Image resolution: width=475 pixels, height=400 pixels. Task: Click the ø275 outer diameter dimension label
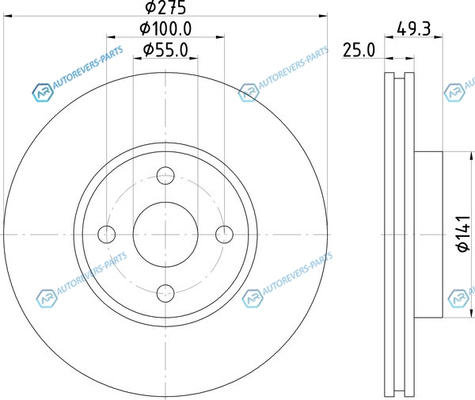[x=165, y=7]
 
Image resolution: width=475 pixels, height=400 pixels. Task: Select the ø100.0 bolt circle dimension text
[x=165, y=29]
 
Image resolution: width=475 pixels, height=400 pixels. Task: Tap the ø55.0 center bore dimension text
[x=165, y=50]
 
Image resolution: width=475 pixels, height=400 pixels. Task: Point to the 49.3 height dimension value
[x=413, y=29]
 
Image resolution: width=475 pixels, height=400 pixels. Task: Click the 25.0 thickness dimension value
[x=359, y=50]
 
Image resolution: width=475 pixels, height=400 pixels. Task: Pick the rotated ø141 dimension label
[x=464, y=234]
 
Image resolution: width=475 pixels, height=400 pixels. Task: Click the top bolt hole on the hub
[x=165, y=176]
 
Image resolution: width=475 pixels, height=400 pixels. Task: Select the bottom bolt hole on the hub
[x=165, y=293]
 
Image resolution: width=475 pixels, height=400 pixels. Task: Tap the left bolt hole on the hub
[x=107, y=234]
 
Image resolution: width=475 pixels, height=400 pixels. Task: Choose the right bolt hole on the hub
[x=224, y=234]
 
